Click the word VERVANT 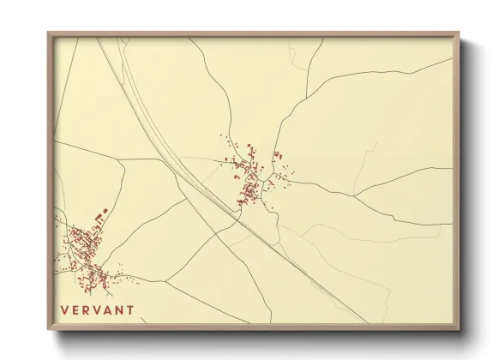[x=97, y=310]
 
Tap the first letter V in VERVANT [x=63, y=310]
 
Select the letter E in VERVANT [x=75, y=310]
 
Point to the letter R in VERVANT [x=86, y=310]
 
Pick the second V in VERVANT [x=97, y=310]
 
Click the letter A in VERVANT [x=108, y=310]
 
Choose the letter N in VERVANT [x=119, y=310]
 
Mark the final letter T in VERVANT [x=130, y=310]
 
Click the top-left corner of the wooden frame [x=48, y=33]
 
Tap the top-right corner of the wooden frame [x=459, y=33]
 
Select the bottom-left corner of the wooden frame [x=48, y=331]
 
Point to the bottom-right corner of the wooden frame [x=459, y=331]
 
